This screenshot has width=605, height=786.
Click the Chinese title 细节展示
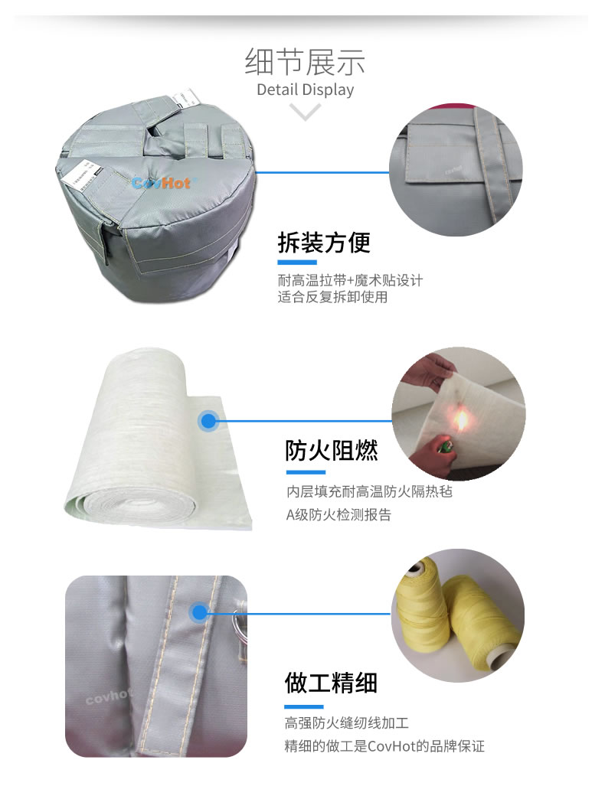305,61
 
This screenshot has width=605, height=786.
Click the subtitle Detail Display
305,90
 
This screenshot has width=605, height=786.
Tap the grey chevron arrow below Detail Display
306,113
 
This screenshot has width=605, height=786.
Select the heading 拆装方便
324,243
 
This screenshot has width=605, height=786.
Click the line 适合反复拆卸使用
332,297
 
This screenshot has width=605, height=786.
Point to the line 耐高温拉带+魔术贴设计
350,280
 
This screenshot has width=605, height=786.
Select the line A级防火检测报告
338,515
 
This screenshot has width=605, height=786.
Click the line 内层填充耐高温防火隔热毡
369,491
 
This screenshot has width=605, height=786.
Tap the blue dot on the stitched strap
200,612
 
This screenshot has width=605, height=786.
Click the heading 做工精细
331,682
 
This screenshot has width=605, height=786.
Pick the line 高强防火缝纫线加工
347,722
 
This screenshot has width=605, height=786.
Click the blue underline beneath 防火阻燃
306,472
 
